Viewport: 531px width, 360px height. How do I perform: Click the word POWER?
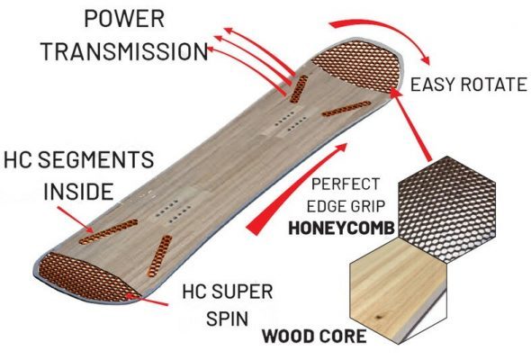(124, 19)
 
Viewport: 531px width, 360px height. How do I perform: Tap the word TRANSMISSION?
(124, 51)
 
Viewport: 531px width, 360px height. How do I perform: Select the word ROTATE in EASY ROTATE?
(492, 85)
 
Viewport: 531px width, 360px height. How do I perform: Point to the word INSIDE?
(78, 192)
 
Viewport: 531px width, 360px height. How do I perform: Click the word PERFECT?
(346, 184)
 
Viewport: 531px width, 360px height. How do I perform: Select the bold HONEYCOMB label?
(341, 229)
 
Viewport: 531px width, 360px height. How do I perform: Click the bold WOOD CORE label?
(314, 337)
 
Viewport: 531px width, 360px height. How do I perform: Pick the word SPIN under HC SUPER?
(228, 319)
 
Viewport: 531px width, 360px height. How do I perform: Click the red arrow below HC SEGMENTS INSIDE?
(76, 220)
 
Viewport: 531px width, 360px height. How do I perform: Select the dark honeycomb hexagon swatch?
(447, 209)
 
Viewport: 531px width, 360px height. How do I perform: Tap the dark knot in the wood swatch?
(378, 318)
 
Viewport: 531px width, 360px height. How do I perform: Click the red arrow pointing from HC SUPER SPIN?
(147, 300)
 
